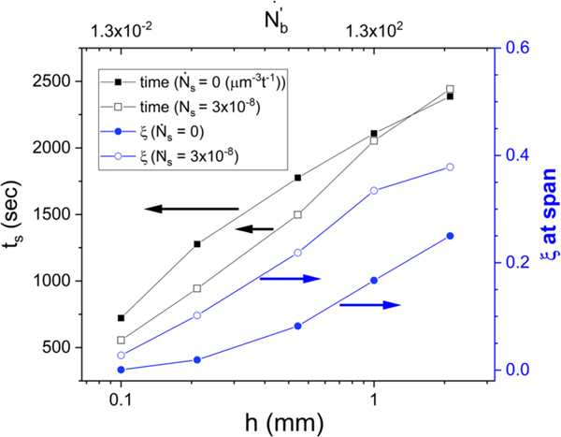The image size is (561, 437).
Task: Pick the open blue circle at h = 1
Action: (x=374, y=191)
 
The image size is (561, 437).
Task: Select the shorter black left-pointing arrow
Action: (x=253, y=228)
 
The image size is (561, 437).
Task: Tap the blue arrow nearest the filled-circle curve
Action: (x=369, y=305)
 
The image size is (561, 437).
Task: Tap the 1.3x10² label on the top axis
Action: (x=375, y=27)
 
